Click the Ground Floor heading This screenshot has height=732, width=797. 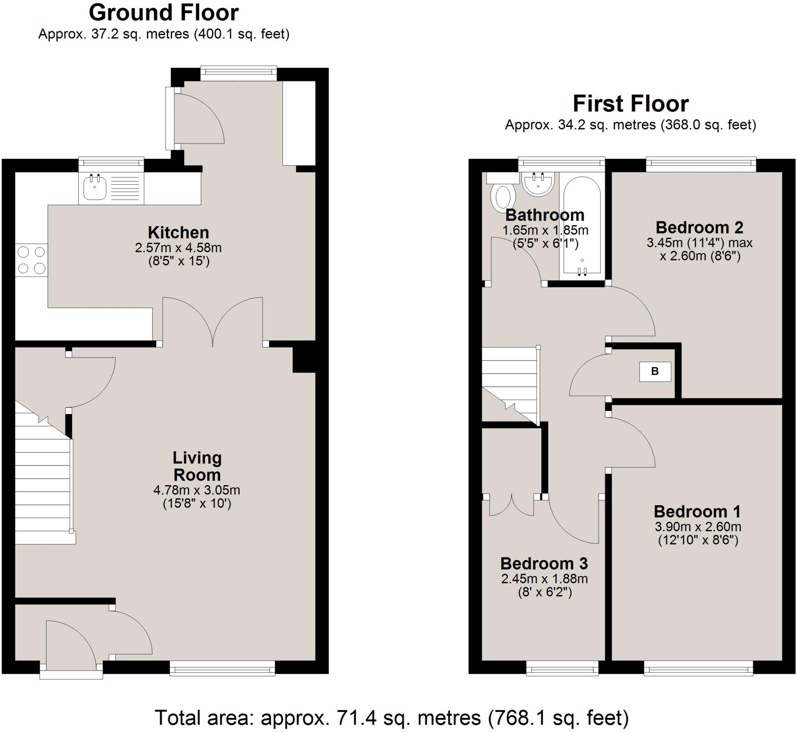tap(163, 13)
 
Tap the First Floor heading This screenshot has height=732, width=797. tap(630, 104)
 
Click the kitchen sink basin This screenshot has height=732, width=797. tap(95, 187)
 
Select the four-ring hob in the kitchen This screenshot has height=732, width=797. tap(32, 260)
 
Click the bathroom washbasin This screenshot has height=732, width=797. tap(538, 184)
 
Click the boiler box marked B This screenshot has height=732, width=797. tap(655, 372)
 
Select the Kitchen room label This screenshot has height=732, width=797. tap(178, 232)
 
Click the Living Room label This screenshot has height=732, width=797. tap(197, 466)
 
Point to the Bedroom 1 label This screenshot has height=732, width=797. tap(697, 511)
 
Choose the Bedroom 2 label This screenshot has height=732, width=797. tap(699, 227)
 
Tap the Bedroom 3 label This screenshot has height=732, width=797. tap(544, 563)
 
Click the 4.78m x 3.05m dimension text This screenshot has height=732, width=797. tap(197, 490)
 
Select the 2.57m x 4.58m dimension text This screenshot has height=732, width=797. tap(178, 248)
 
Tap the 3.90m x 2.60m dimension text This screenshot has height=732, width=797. tap(698, 527)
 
